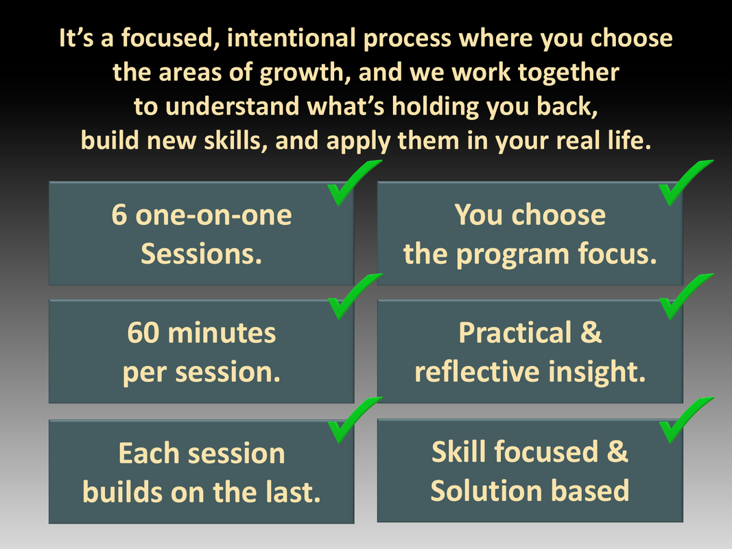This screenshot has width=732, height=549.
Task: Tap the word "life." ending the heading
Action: click(629, 141)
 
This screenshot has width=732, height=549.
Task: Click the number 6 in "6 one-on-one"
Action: click(119, 215)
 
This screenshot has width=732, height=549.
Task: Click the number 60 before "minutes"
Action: click(143, 333)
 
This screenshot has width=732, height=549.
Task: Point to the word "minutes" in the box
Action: click(222, 333)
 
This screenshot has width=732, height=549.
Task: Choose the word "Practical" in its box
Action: click(515, 333)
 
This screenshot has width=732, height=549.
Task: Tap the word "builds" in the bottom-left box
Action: click(122, 492)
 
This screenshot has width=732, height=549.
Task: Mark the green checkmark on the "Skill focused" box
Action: click(686, 419)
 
